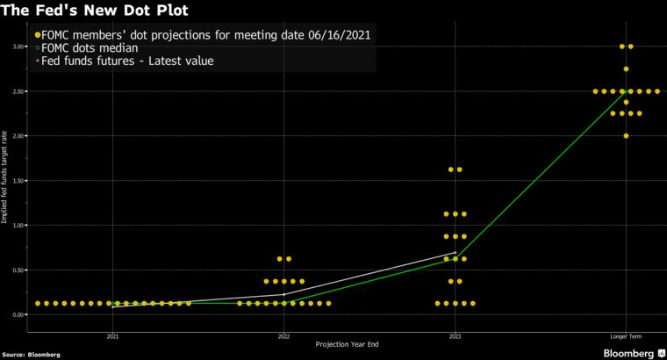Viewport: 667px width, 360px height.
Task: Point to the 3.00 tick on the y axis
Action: click(18, 47)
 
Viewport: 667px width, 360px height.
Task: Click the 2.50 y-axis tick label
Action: click(18, 91)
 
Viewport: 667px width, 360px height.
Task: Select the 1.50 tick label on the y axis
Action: click(18, 181)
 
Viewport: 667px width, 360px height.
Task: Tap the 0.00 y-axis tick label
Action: click(18, 314)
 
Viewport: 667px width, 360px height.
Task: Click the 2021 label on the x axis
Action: click(112, 336)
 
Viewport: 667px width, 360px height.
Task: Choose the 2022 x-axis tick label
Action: click(283, 336)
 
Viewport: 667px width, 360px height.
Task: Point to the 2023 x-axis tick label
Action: click(455, 336)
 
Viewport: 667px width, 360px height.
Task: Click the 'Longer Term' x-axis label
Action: click(626, 336)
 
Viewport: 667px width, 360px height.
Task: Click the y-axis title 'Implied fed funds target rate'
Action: click(6, 180)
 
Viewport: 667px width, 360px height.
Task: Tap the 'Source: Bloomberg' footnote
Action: click(31, 355)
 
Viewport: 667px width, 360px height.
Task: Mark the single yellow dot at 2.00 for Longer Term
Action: click(626, 136)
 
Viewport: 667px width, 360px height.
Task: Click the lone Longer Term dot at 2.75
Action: click(626, 68)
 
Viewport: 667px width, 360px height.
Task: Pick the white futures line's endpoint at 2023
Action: click(455, 252)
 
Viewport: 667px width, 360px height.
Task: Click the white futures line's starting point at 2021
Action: click(112, 307)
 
